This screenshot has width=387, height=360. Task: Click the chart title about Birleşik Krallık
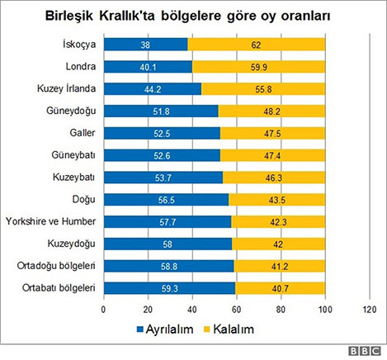coord(192,16)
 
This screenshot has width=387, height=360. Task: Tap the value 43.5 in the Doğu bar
coord(276,198)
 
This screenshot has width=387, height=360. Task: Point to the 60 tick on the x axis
coord(236,310)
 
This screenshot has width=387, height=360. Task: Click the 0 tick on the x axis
coord(103,310)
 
